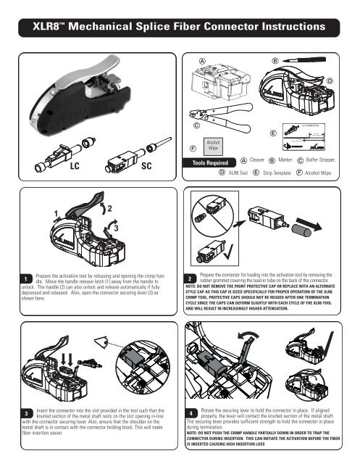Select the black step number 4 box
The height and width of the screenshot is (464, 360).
coord(188,414)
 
